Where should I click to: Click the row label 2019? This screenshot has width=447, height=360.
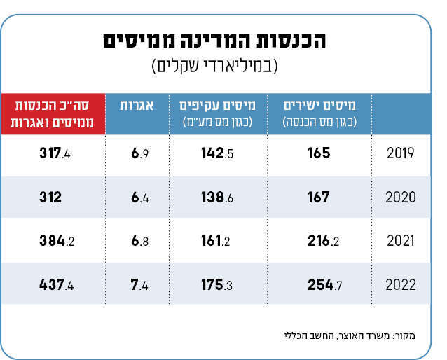[x=401, y=153]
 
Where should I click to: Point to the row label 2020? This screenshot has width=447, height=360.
[x=401, y=198]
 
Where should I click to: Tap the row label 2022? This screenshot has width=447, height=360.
[x=401, y=285]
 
